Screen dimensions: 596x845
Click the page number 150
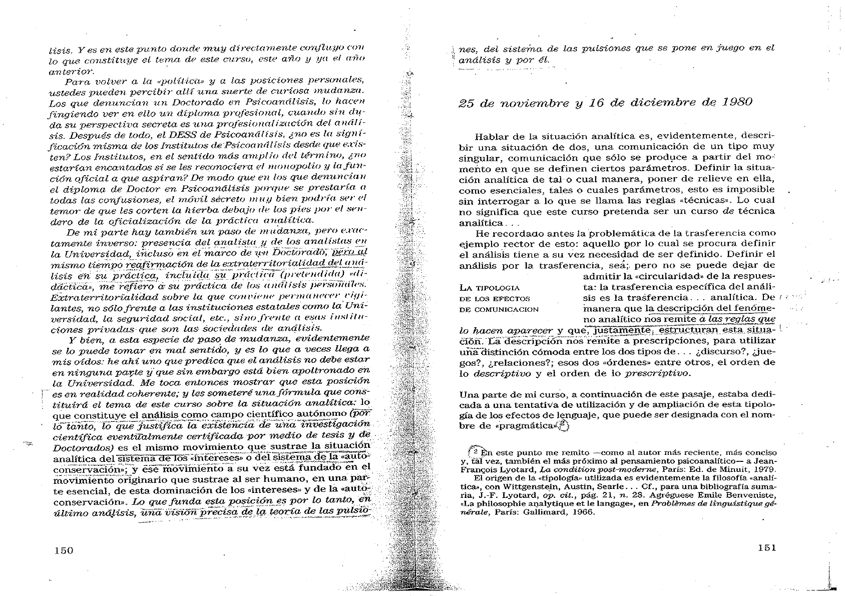pos(64,550)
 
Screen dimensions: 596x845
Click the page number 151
pos(767,547)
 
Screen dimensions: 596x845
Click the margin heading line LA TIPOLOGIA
pos(489,288)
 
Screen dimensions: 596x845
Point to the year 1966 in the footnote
pos(580,512)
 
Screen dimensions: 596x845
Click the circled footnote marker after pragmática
pos(564,425)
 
